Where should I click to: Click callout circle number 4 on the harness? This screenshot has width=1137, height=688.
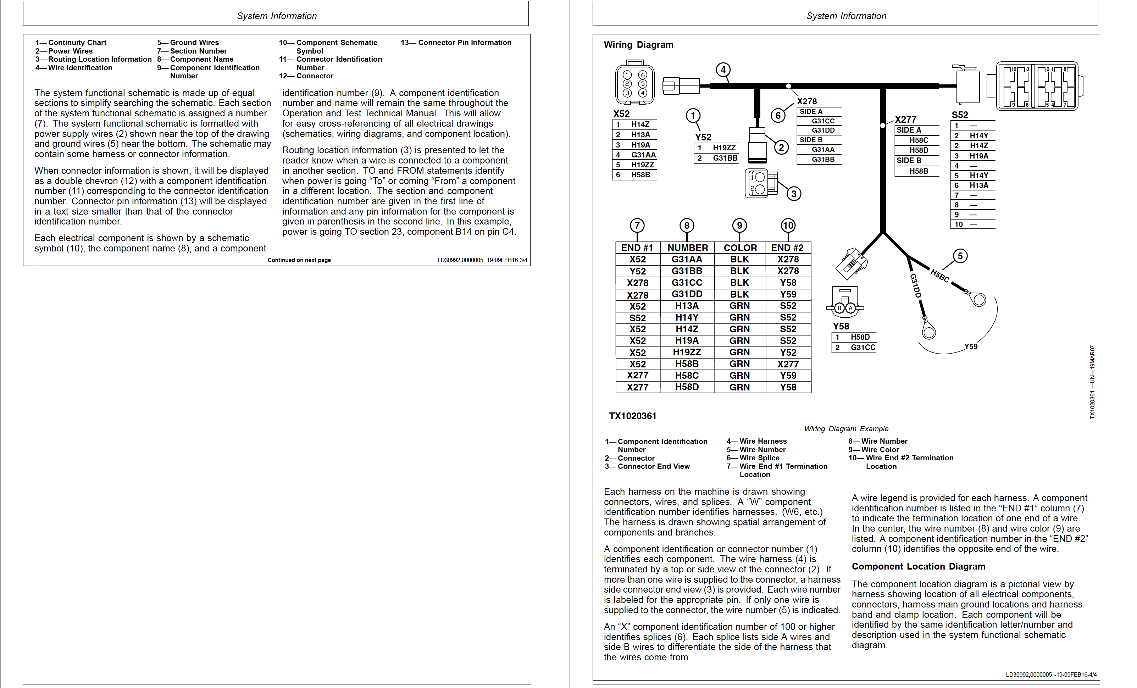click(x=723, y=70)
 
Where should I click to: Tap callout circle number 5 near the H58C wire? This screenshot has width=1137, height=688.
click(x=960, y=256)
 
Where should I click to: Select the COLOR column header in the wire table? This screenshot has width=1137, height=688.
click(x=740, y=248)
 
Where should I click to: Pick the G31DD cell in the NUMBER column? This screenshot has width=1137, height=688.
click(x=687, y=294)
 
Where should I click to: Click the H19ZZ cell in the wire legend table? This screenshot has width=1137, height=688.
click(x=687, y=352)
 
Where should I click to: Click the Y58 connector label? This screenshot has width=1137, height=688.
click(x=841, y=326)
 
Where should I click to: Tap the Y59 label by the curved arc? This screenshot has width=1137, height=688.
click(x=971, y=346)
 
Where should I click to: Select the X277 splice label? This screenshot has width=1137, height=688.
click(x=905, y=120)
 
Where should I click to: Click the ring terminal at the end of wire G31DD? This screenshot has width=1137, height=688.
click(x=928, y=331)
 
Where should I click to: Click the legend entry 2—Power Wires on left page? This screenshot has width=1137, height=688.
click(x=64, y=51)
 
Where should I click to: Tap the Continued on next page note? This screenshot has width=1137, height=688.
click(x=299, y=260)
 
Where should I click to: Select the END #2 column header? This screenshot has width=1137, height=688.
click(x=787, y=248)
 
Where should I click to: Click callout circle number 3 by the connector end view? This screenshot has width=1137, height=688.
click(x=794, y=194)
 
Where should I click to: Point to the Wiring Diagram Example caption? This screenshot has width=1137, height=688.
click(x=846, y=429)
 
